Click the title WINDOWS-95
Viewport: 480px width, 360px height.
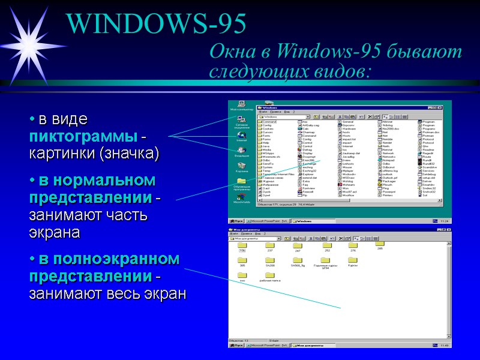click(x=157, y=23)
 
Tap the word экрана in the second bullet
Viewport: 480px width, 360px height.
click(x=55, y=232)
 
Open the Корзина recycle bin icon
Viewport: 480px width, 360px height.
click(x=241, y=166)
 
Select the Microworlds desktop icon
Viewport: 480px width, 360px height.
click(x=241, y=198)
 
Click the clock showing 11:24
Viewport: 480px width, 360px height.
click(x=445, y=221)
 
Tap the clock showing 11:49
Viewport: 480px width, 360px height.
click(x=445, y=345)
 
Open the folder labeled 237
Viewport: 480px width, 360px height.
click(x=269, y=247)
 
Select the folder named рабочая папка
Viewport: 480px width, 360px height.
click(x=269, y=277)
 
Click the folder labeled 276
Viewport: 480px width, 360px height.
click(x=353, y=247)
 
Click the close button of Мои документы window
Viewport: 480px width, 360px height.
click(x=448, y=230)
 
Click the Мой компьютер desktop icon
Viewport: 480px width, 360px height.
click(x=241, y=106)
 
